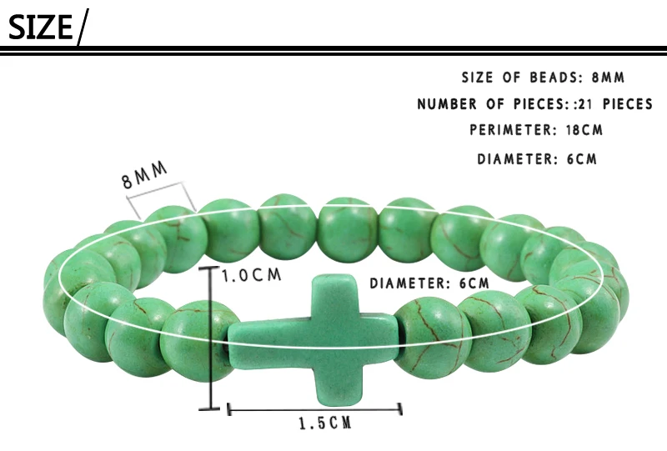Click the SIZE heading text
pos(40,27)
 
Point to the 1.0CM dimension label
pos(251,274)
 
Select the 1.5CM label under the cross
pos(324,423)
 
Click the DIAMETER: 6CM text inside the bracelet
pos(429,283)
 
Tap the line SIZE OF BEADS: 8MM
pos(543,78)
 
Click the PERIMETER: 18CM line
pos(536,130)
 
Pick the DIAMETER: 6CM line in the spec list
pos(537,158)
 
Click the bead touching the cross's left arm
pos(197,340)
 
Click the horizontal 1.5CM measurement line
pos(314,408)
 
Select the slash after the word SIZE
pos(82,27)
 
